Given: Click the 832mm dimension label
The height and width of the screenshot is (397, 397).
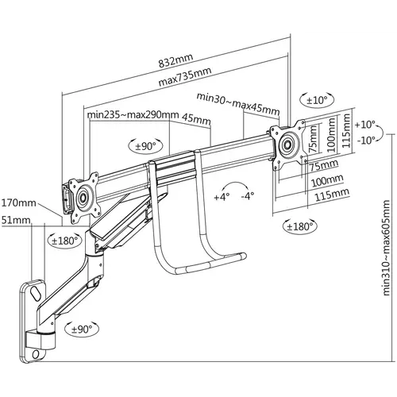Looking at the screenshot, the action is [x=175, y=61].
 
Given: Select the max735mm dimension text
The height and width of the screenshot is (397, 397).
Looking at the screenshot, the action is [x=185, y=77].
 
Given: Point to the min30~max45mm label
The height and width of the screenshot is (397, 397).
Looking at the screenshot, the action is [x=238, y=103].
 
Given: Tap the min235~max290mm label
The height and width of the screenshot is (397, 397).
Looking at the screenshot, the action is [x=133, y=115].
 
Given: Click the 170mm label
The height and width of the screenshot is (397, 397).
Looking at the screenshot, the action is [x=19, y=203].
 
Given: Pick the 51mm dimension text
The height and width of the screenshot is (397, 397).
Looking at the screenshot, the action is [x=16, y=220].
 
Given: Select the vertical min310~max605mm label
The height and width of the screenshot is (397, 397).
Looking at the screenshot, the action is [x=386, y=248].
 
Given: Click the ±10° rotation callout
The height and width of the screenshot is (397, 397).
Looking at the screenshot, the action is [x=317, y=100].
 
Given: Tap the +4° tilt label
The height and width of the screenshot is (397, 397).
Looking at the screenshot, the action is [x=222, y=197].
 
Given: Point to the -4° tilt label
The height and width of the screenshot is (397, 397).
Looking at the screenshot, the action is [x=248, y=196].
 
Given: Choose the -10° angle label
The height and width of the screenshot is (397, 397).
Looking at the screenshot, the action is [x=366, y=140].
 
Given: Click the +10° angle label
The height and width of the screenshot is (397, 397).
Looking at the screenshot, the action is [x=365, y=125].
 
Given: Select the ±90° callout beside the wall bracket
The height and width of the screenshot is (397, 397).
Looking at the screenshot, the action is [x=82, y=329].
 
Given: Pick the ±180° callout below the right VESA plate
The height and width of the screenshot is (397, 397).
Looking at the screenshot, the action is [x=299, y=227].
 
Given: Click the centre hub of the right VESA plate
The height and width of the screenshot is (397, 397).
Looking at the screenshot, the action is [x=287, y=145].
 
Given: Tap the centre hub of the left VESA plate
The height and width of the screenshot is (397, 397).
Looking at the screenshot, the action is [x=83, y=197].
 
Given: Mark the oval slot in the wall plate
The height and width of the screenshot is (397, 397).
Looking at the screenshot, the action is [x=36, y=292].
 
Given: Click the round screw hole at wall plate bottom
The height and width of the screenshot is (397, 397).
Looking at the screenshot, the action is [x=36, y=354].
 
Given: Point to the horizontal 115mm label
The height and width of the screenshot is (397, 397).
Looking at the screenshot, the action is [x=332, y=195].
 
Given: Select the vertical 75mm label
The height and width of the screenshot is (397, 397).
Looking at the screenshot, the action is [x=313, y=139].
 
